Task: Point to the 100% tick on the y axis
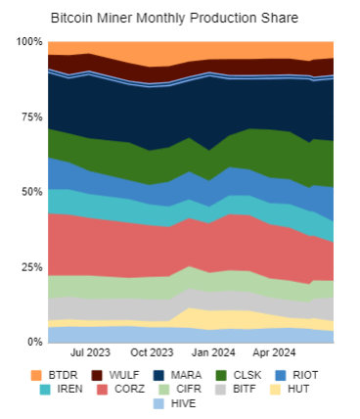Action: [28, 42]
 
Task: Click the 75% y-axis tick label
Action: [31, 116]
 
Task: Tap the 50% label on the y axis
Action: [31, 192]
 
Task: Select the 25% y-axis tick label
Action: [31, 267]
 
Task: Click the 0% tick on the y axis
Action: [34, 342]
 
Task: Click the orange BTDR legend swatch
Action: [36, 374]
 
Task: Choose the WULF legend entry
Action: [110, 374]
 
